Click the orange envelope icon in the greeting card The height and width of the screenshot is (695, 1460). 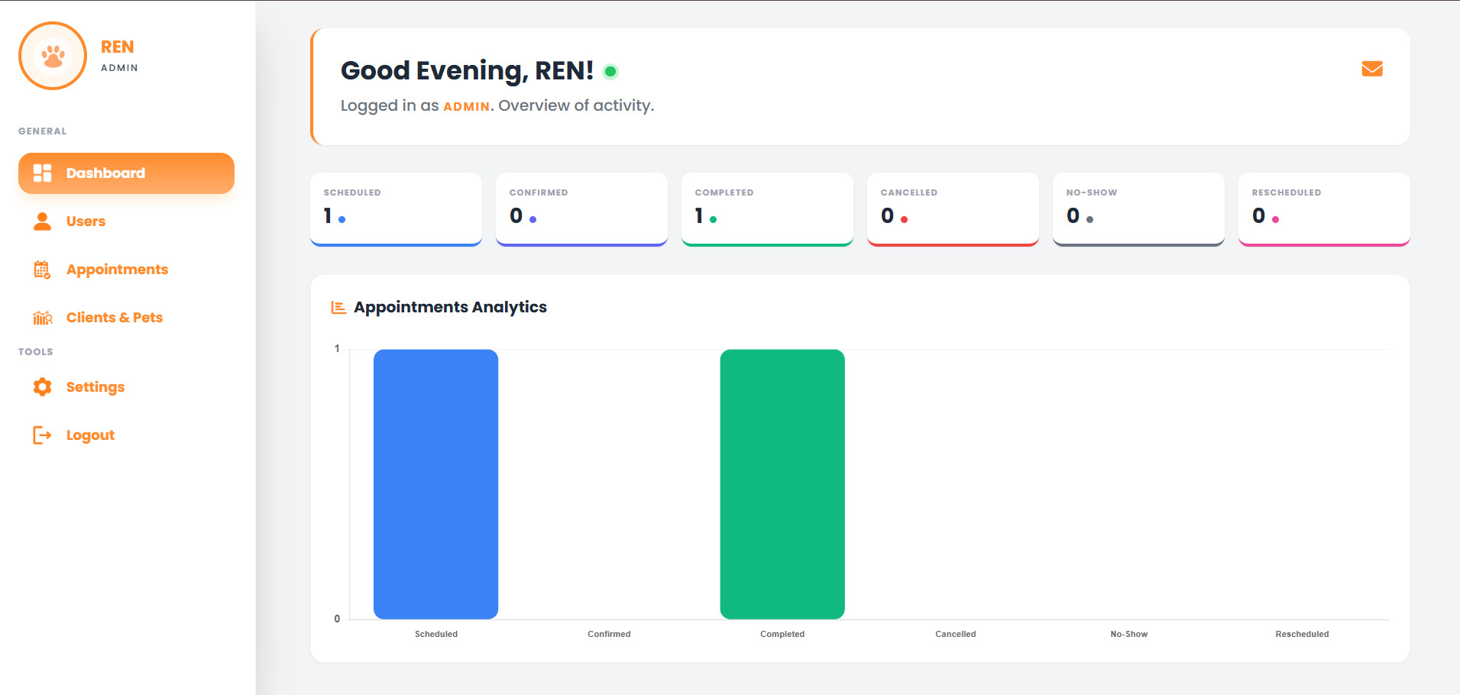(x=1372, y=69)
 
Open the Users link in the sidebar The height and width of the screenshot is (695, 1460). (x=86, y=221)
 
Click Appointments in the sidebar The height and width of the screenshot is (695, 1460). (x=117, y=270)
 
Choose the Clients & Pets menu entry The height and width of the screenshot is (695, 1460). (x=114, y=318)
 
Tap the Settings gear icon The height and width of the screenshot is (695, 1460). (x=43, y=387)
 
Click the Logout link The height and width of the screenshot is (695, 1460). (x=90, y=435)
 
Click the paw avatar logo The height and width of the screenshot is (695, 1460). (x=53, y=56)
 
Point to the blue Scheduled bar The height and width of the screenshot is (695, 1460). (x=435, y=483)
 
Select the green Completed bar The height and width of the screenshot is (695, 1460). (x=782, y=483)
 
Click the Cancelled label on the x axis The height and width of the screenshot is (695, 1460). (x=955, y=634)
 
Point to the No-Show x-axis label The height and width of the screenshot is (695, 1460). (x=1128, y=634)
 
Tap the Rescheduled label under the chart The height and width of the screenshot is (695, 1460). (x=1302, y=634)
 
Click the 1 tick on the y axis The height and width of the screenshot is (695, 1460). (x=337, y=349)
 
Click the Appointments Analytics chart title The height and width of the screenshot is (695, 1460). (x=450, y=307)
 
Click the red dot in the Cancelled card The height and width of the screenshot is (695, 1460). (x=905, y=220)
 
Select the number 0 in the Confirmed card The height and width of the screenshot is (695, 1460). (x=516, y=216)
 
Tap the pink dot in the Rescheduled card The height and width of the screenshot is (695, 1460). (x=1276, y=220)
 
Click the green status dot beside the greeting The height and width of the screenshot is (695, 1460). (x=610, y=72)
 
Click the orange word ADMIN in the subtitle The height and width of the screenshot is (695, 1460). (x=466, y=107)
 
